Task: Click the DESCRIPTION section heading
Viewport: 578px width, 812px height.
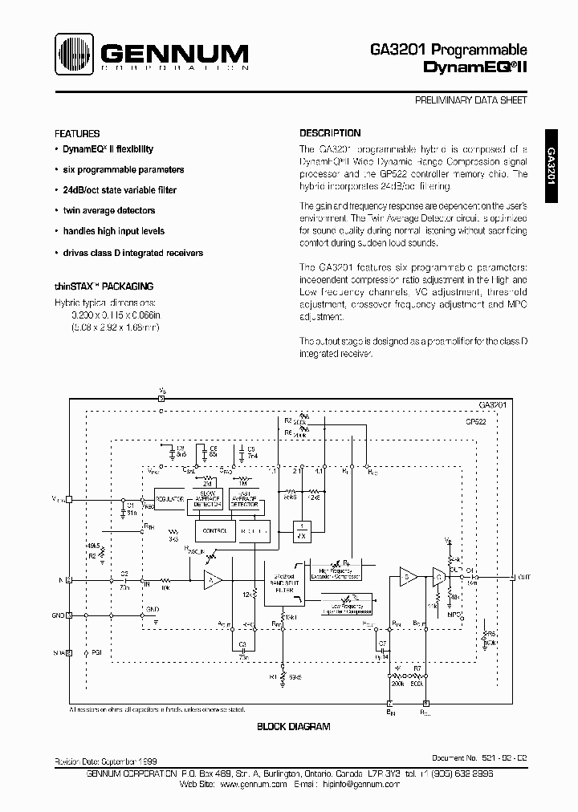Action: click(x=330, y=133)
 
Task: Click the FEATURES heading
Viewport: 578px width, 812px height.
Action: click(x=77, y=134)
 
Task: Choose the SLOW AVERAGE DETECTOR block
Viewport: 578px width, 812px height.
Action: click(x=208, y=499)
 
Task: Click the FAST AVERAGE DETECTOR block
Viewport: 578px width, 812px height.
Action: click(x=246, y=499)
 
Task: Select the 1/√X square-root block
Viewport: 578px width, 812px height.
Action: click(x=301, y=531)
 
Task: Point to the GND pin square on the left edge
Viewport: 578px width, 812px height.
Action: click(x=69, y=615)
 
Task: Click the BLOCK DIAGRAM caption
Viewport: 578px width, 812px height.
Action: click(x=293, y=727)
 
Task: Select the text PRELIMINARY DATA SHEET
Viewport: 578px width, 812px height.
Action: click(x=470, y=100)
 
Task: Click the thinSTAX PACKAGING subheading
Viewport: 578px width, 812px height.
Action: click(x=104, y=286)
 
